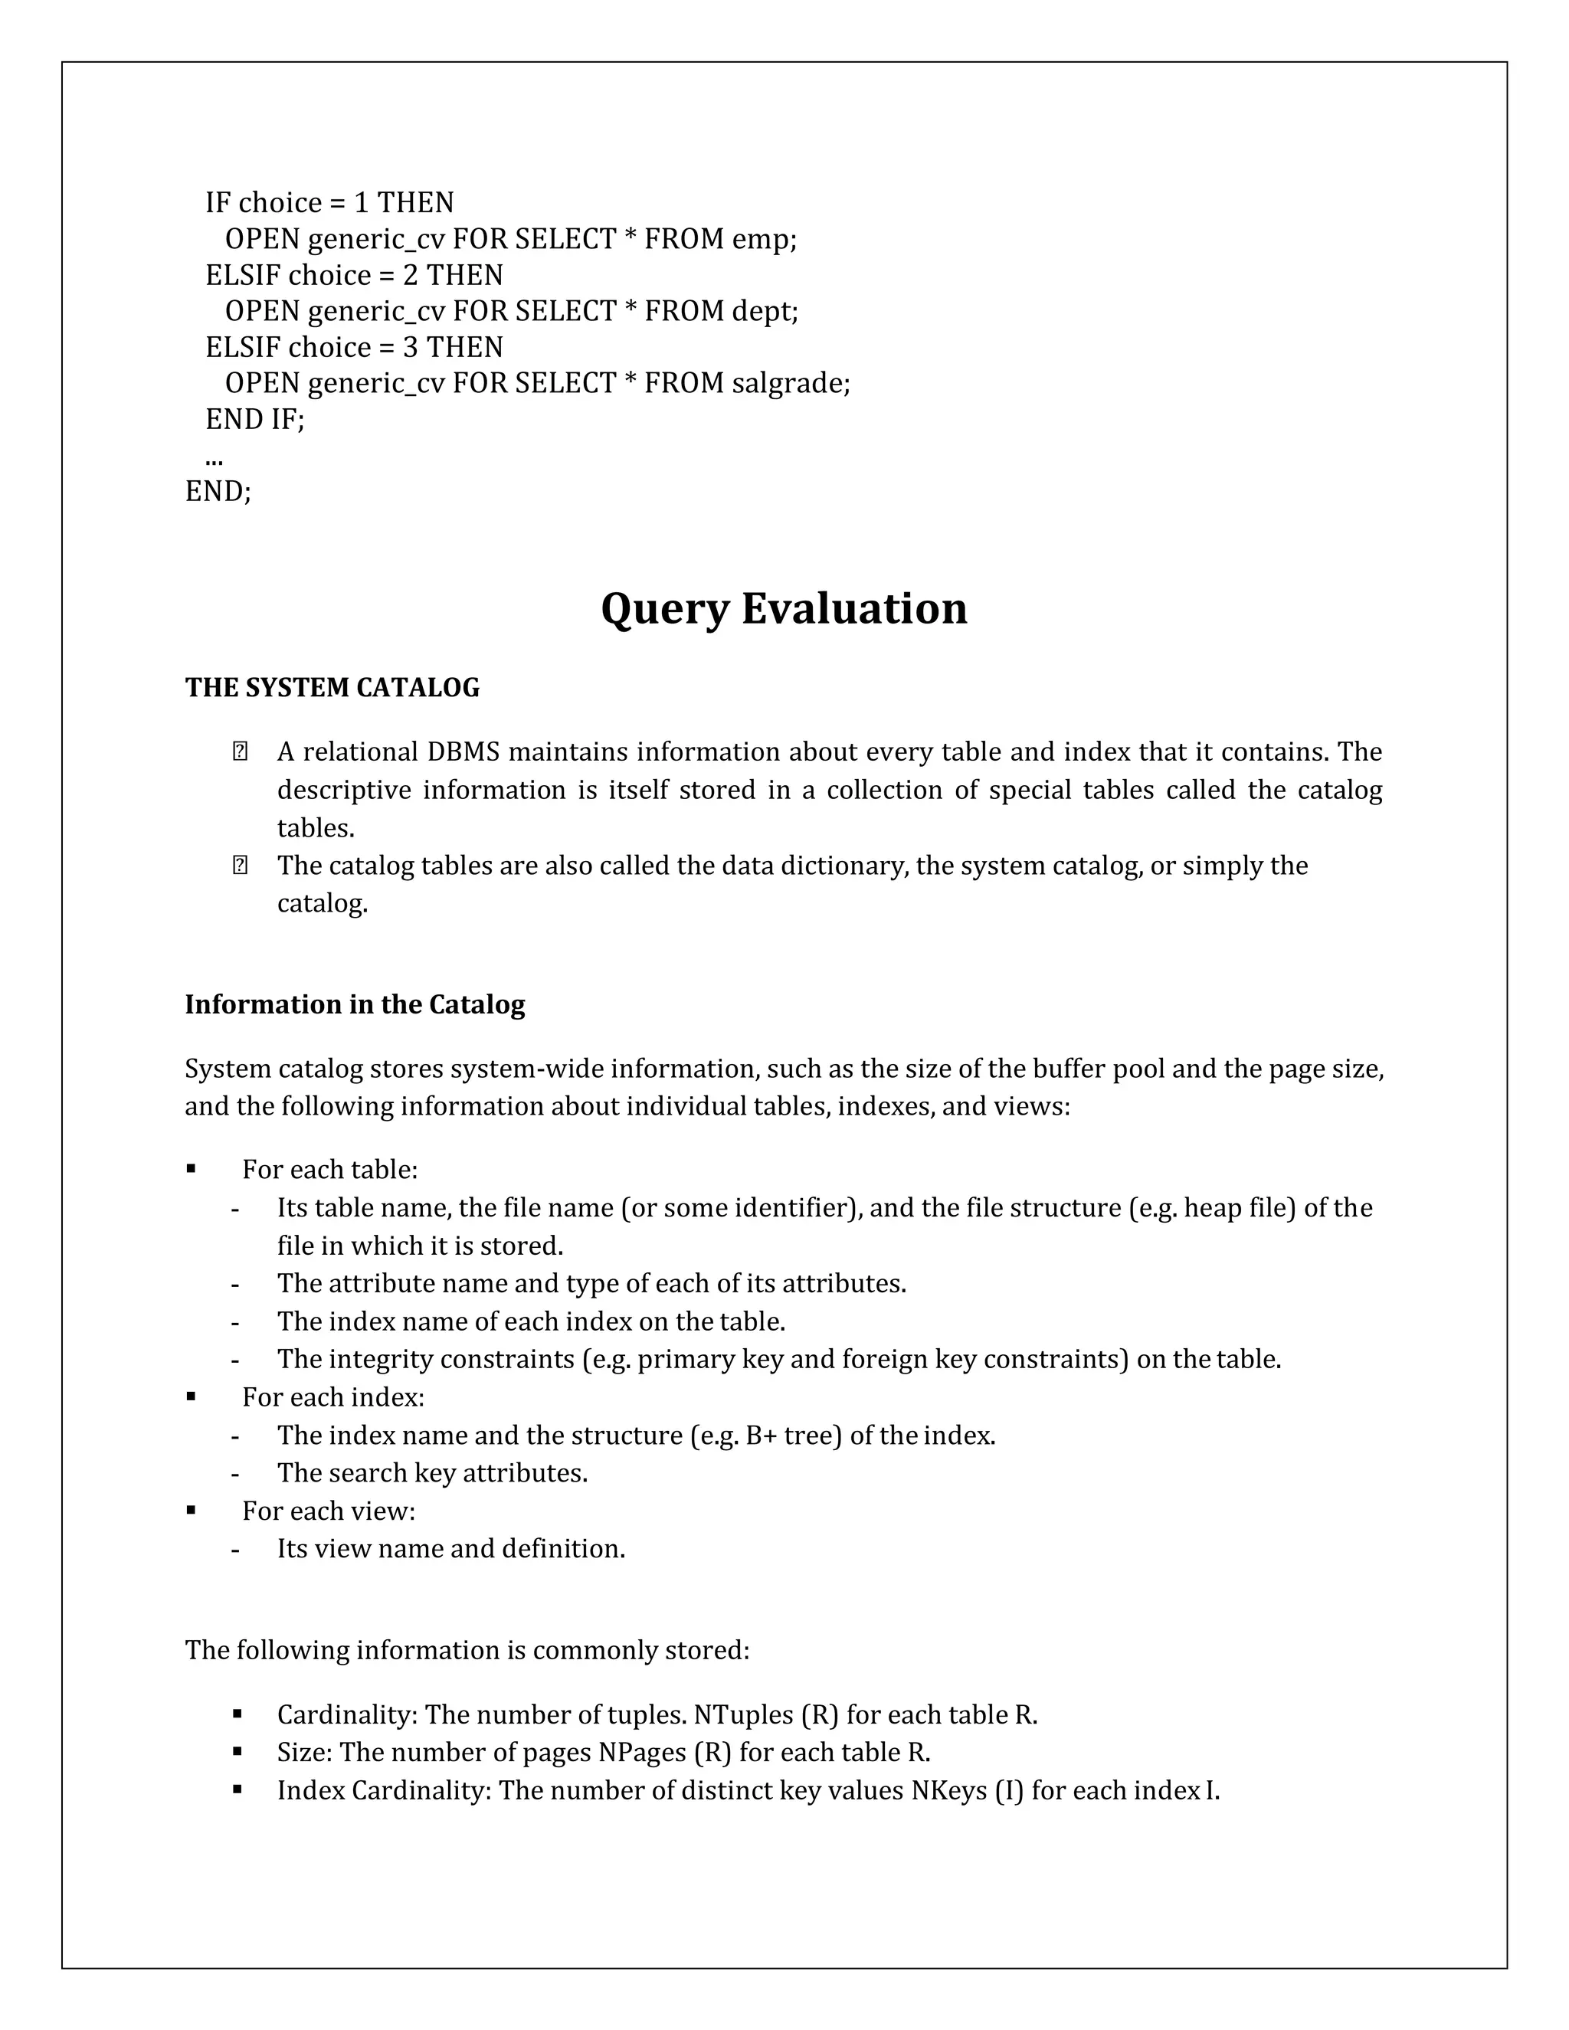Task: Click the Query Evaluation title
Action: (x=784, y=610)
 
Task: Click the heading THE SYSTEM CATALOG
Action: (x=332, y=688)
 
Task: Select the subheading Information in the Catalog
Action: (x=354, y=1005)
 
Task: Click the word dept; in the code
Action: (x=764, y=311)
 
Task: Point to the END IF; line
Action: (x=254, y=419)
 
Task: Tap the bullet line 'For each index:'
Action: (x=332, y=1397)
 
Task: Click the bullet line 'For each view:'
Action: (x=328, y=1511)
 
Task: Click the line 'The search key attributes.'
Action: (x=432, y=1473)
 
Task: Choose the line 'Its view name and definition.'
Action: (x=450, y=1550)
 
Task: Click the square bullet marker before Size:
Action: (x=238, y=1751)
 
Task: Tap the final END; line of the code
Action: (x=218, y=491)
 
